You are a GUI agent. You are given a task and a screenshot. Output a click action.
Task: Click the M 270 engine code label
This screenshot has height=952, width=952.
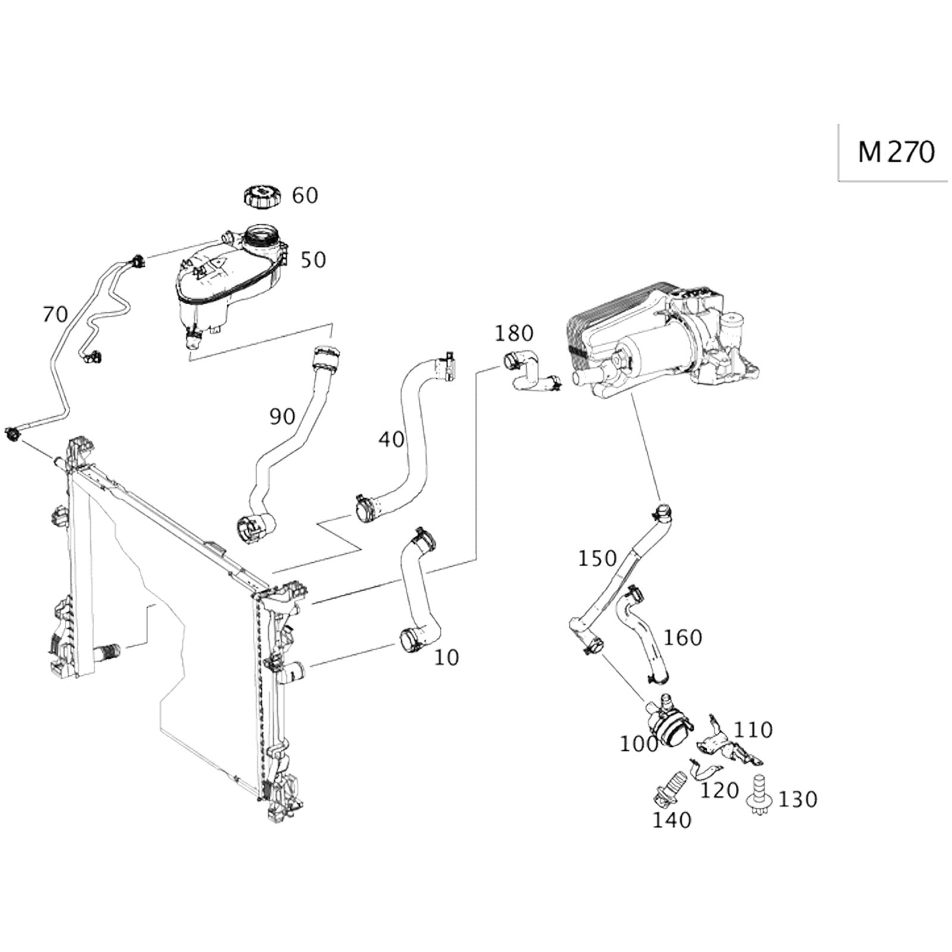click(896, 152)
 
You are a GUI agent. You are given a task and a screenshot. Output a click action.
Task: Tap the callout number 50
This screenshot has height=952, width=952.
click(313, 260)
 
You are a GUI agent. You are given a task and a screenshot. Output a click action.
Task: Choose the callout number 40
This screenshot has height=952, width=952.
click(392, 440)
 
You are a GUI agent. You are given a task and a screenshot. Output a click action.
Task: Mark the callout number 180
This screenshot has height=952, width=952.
click(514, 333)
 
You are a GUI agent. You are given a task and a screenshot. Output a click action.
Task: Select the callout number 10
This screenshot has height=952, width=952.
click(446, 657)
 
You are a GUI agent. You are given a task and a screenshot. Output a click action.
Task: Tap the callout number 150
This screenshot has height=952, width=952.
click(597, 559)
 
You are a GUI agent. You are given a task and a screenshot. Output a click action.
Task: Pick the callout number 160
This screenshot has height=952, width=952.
click(682, 637)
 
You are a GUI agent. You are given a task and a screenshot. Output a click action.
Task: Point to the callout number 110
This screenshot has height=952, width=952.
click(753, 729)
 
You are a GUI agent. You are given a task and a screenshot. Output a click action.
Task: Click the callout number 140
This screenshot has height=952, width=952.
click(672, 821)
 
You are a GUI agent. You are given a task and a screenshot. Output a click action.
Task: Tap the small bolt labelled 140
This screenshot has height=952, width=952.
click(666, 786)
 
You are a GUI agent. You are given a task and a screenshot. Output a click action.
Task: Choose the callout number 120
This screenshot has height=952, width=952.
click(719, 791)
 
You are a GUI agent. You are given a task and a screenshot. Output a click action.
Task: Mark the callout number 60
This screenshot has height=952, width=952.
click(305, 195)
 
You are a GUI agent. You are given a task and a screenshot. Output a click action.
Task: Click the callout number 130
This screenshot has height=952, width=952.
click(798, 799)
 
